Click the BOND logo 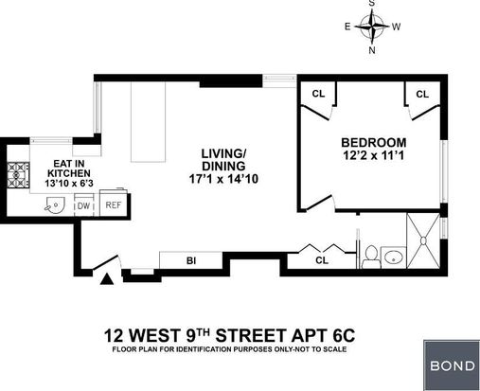pyautogui.click(x=452, y=365)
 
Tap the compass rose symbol pyautogui.click(x=372, y=27)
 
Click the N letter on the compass pyautogui.click(x=372, y=50)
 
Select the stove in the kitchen pyautogui.click(x=18, y=175)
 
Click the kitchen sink pyautogui.click(x=55, y=204)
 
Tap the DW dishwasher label pyautogui.click(x=83, y=206)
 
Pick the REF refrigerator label pyautogui.click(x=114, y=205)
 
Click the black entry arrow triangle pyautogui.click(x=107, y=279)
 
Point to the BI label pyautogui.click(x=191, y=261)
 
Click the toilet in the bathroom pyautogui.click(x=371, y=258)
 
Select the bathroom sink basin pyautogui.click(x=394, y=258)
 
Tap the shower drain pyautogui.click(x=423, y=240)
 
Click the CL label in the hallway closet pyautogui.click(x=322, y=260)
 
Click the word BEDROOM pyautogui.click(x=374, y=143)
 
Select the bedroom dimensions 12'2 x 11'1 pyautogui.click(x=374, y=155)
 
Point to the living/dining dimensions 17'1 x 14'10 pyautogui.click(x=223, y=179)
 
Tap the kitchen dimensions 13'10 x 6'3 pyautogui.click(x=69, y=183)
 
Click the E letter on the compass pyautogui.click(x=347, y=27)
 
